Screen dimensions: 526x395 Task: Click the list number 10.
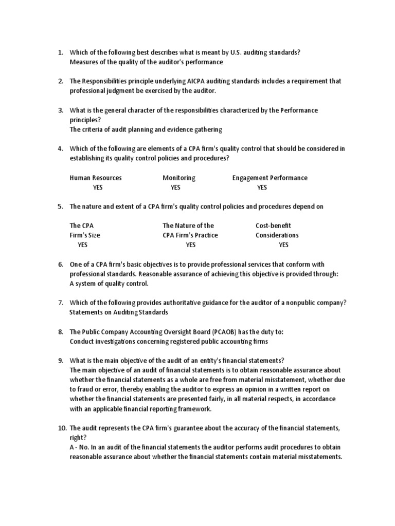[x=61, y=428]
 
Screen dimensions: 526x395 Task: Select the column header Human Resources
[x=96, y=178]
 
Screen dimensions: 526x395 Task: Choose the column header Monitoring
[x=179, y=178]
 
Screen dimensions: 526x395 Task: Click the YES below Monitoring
[x=175, y=187]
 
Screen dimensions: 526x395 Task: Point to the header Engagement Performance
[x=270, y=178]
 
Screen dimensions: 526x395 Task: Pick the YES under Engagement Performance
[x=262, y=187]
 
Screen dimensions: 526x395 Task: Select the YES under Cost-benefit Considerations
[x=283, y=245]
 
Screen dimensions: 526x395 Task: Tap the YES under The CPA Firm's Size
[x=82, y=245]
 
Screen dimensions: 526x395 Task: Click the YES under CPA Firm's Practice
[x=190, y=245]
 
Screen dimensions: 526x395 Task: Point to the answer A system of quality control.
[x=109, y=284]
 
